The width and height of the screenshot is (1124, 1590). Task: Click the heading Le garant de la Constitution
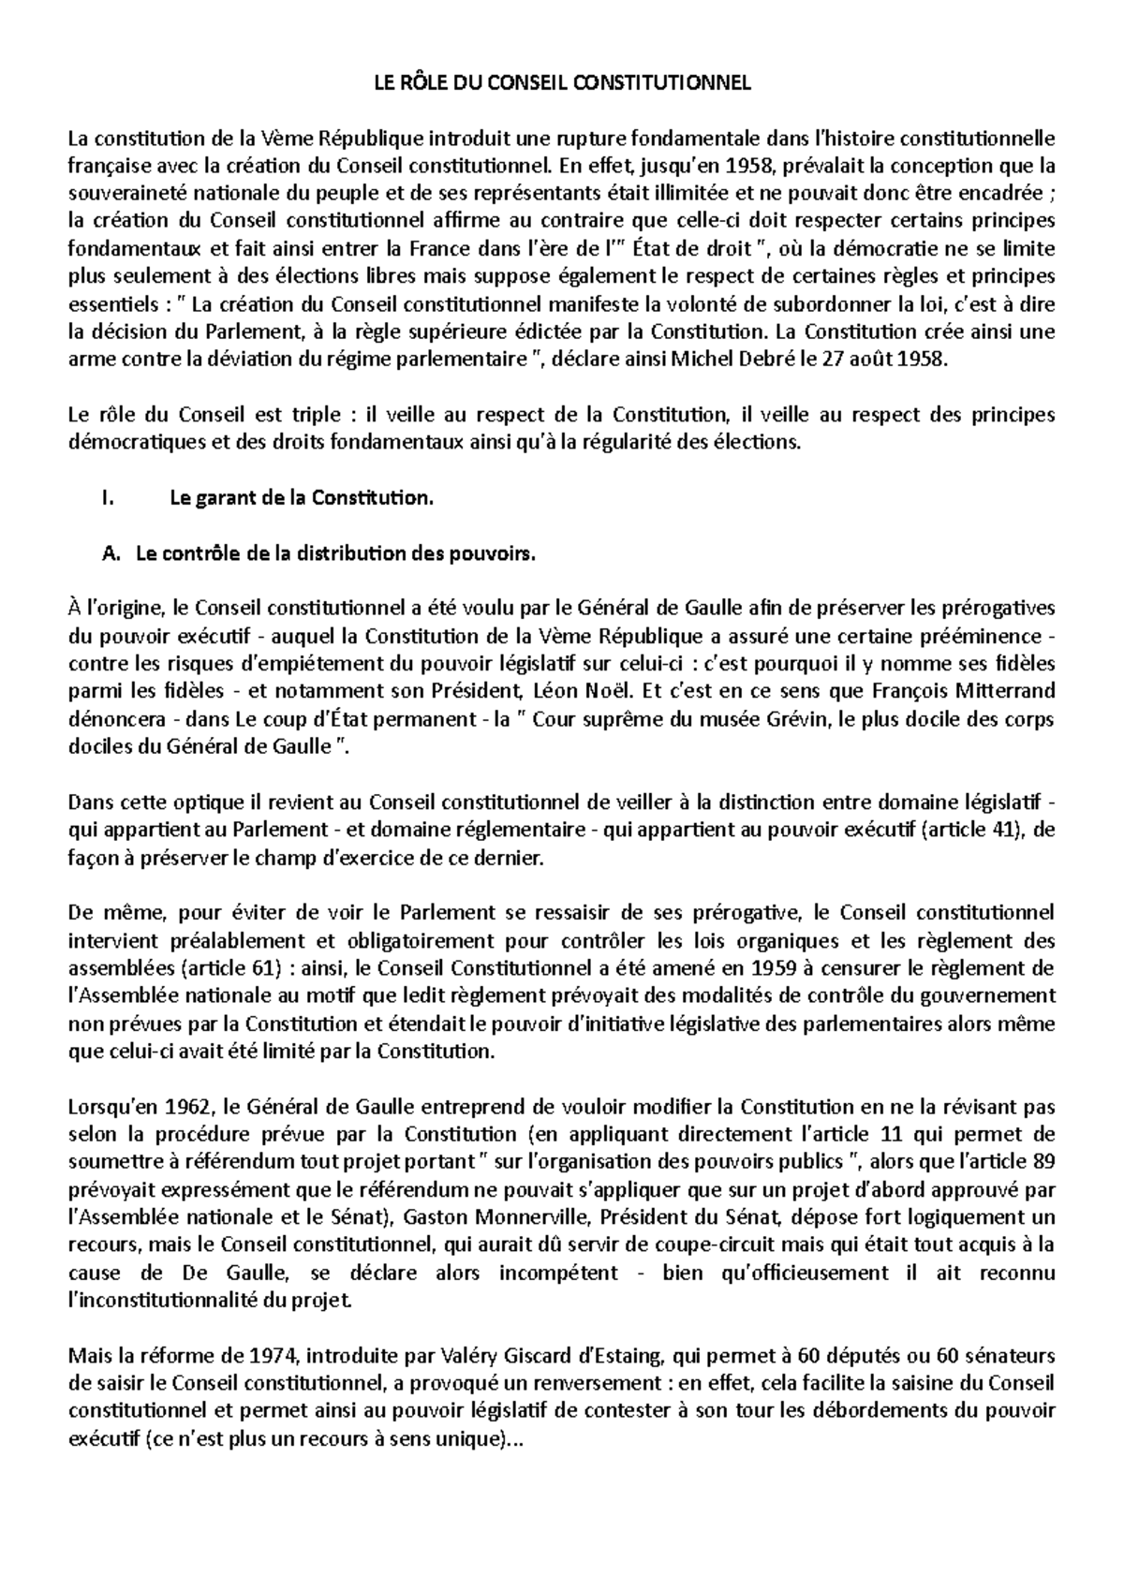coord(302,498)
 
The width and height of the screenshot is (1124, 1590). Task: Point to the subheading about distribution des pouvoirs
coord(336,553)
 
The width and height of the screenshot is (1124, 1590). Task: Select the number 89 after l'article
coord(1043,1162)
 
